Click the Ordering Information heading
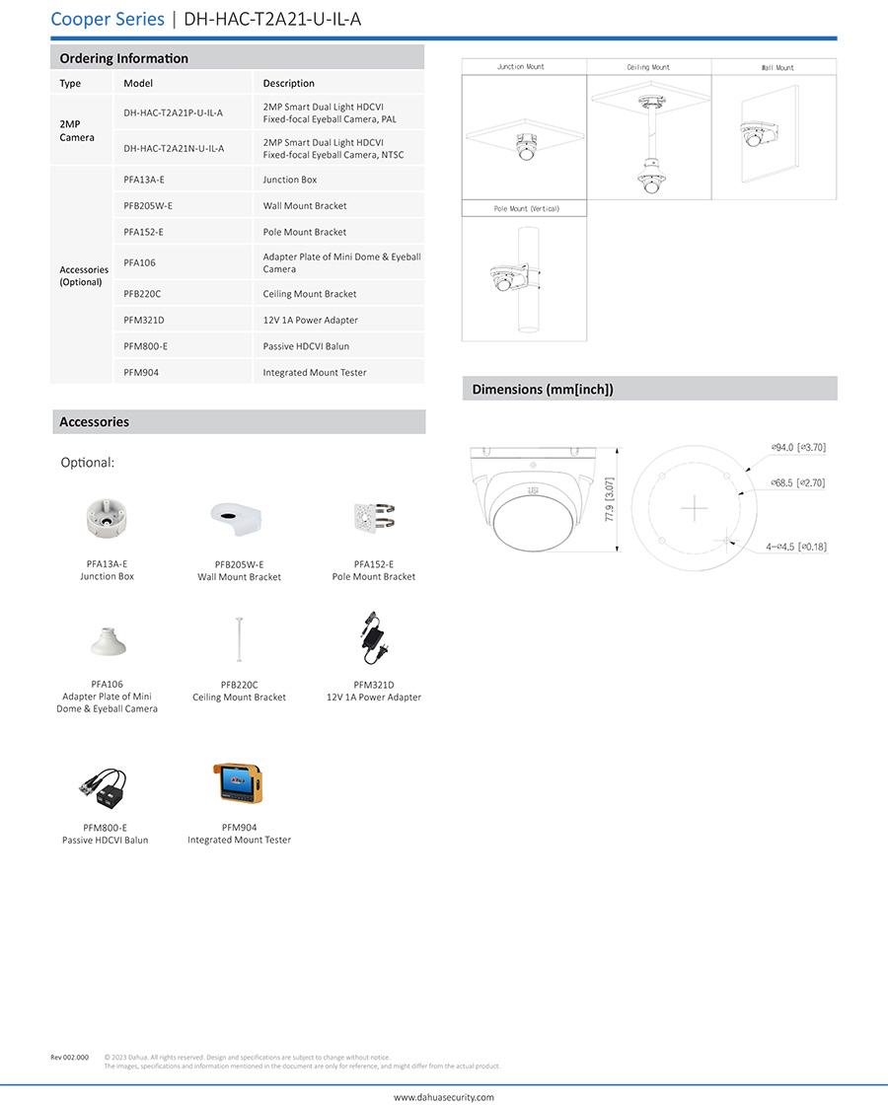[x=123, y=58]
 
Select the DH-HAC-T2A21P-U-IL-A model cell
[x=174, y=112]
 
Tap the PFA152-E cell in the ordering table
[x=144, y=232]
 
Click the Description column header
[x=288, y=84]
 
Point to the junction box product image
[x=107, y=521]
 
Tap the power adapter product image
[x=374, y=639]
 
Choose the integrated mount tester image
[x=239, y=782]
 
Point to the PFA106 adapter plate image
[x=107, y=642]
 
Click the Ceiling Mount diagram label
[x=648, y=67]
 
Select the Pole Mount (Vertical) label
[x=524, y=209]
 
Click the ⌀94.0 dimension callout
[x=798, y=447]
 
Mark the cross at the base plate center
[x=695, y=508]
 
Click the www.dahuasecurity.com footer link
[x=444, y=1096]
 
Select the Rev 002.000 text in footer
[x=70, y=1058]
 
